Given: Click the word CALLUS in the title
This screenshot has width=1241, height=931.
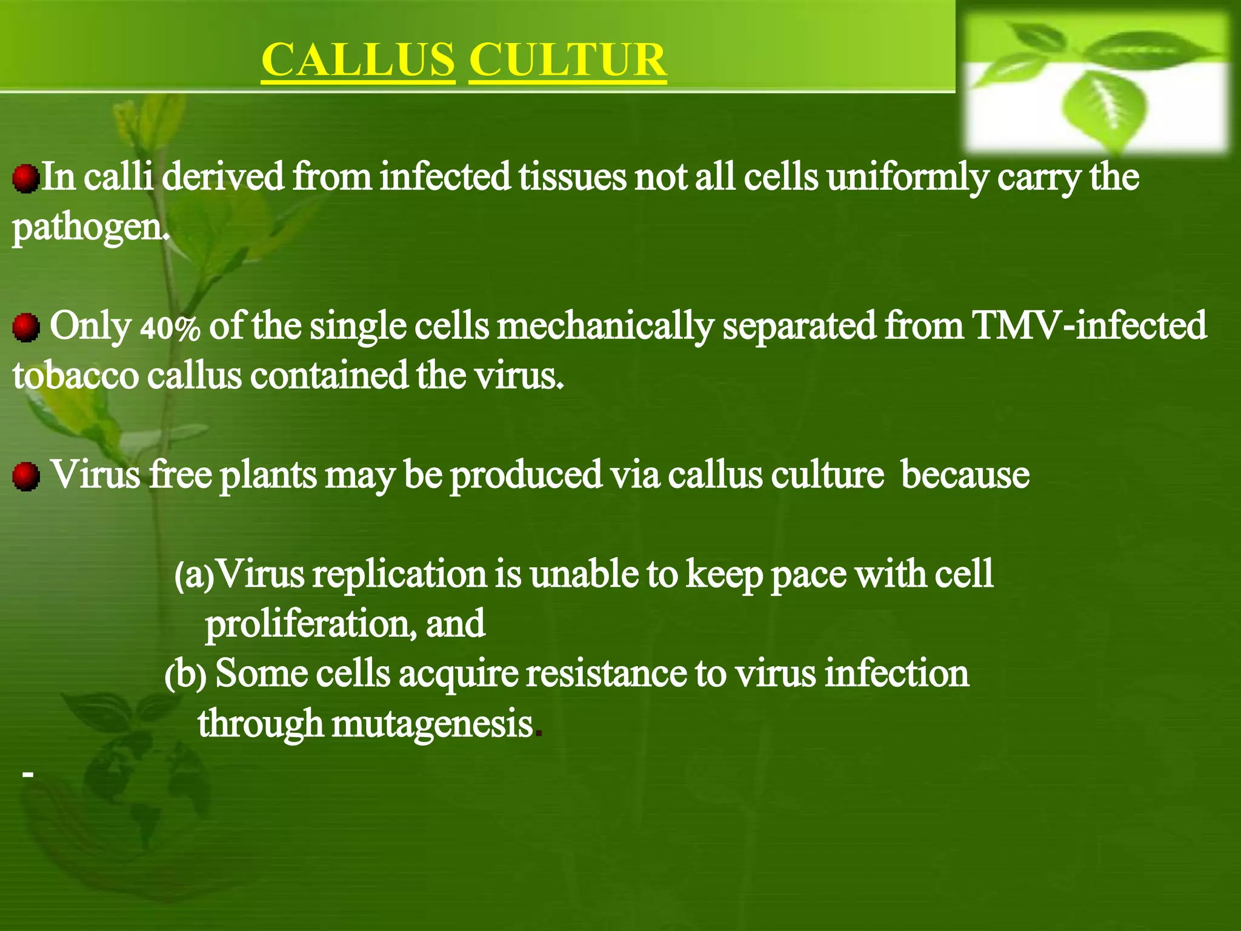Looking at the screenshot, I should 358,60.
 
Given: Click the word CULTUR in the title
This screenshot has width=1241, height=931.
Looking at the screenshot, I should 567,60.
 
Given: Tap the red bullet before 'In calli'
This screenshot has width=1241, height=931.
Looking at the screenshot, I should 25,179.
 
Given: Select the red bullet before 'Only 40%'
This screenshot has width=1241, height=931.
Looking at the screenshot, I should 25,327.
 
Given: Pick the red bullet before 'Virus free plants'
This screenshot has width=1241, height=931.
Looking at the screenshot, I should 25,476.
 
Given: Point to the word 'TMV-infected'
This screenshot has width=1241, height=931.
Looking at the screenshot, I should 1089,325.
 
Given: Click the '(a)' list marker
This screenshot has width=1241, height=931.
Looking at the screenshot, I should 194,576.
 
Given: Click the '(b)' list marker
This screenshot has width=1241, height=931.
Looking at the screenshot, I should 185,675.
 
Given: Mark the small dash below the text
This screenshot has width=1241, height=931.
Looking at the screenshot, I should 27,774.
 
